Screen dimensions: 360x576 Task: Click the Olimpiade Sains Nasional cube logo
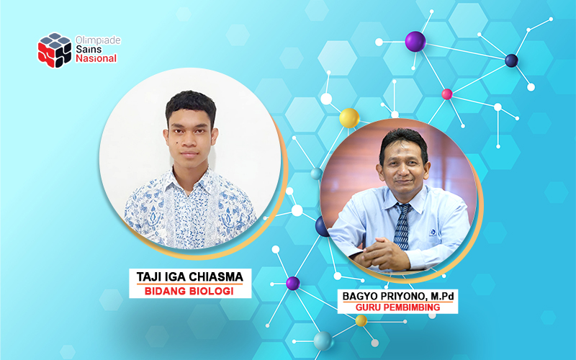point(55,50)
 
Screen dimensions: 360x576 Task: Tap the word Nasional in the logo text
point(96,59)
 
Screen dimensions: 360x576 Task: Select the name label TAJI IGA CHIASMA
point(189,276)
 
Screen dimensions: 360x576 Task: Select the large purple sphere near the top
point(415,42)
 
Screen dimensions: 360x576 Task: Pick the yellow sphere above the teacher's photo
point(349,117)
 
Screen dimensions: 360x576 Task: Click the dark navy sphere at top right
point(511,60)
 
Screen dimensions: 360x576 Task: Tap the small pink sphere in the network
point(447,94)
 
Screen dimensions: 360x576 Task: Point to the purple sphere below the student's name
point(292,283)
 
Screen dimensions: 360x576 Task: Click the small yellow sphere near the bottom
point(361,320)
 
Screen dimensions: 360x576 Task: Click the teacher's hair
point(403,138)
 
